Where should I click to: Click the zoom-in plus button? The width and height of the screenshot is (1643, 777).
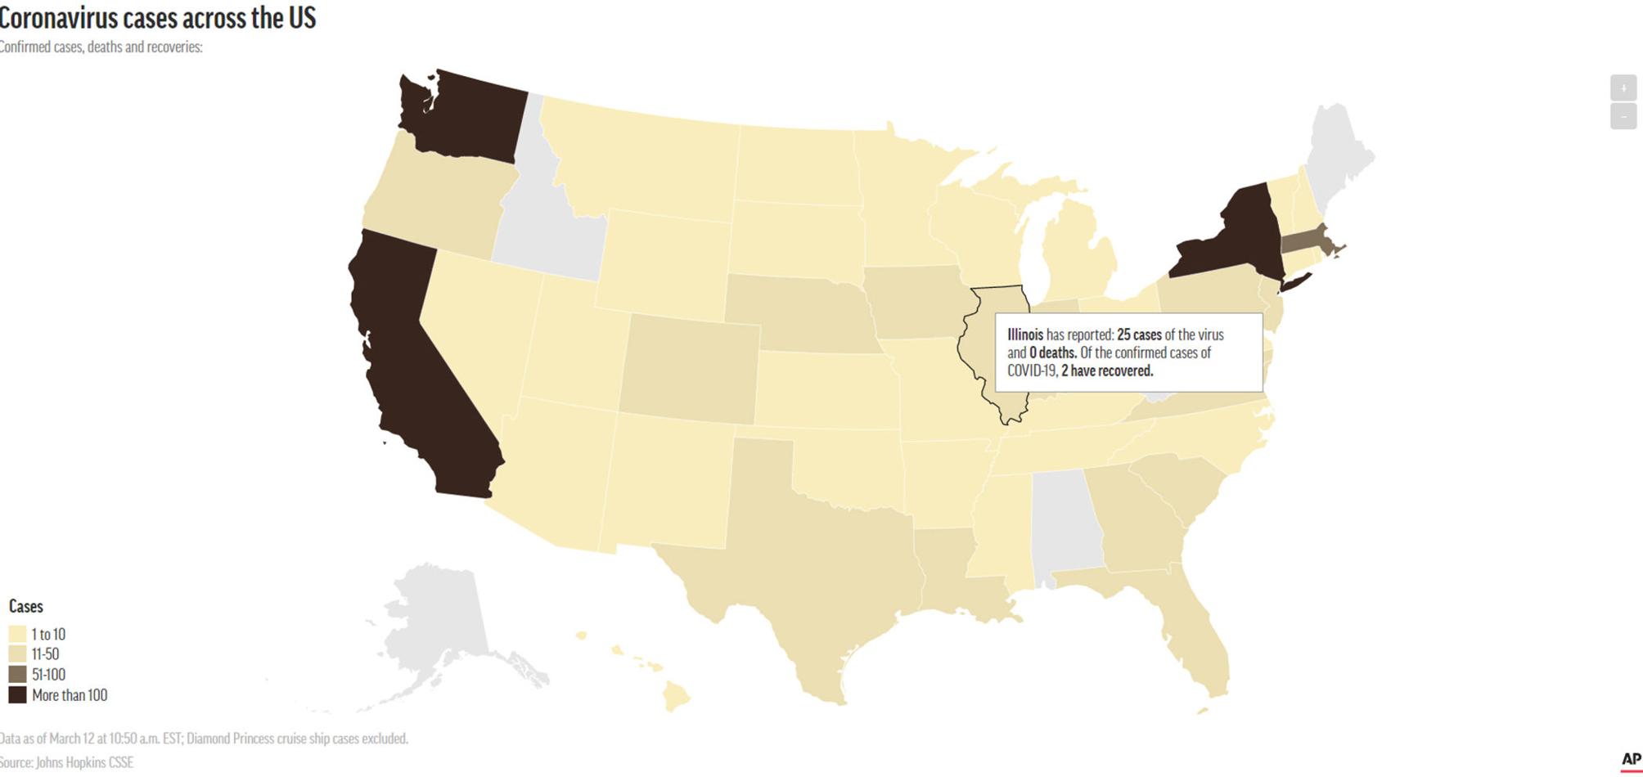point(1623,88)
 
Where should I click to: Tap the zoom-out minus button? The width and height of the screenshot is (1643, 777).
point(1623,116)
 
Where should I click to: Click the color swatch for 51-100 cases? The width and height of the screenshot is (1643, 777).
point(17,675)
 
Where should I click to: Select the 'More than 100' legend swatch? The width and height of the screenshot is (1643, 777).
point(17,695)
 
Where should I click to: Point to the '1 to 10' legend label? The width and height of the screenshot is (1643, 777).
point(48,634)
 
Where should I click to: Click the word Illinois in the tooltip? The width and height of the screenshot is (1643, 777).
point(1024,335)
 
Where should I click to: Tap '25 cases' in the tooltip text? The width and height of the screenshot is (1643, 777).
point(1139,335)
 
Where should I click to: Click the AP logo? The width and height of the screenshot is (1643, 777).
point(1631,760)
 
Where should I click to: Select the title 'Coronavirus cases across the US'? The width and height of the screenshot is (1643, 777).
point(157,17)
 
